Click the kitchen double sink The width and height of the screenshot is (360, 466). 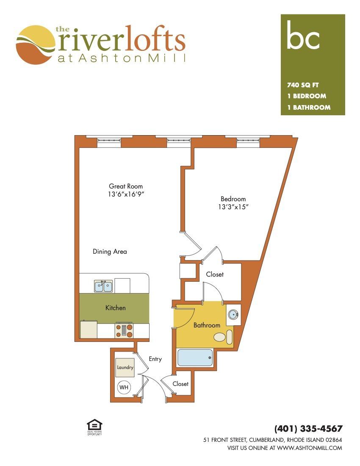pyautogui.click(x=103, y=286)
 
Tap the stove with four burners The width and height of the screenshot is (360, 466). pyautogui.click(x=124, y=330)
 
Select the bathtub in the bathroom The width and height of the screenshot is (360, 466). pyautogui.click(x=195, y=357)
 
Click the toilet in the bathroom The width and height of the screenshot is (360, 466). pyautogui.click(x=224, y=337)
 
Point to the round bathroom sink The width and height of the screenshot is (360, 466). pyautogui.click(x=233, y=314)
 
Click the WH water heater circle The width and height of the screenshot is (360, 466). pyautogui.click(x=124, y=387)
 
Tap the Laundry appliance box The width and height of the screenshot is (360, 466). pyautogui.click(x=125, y=367)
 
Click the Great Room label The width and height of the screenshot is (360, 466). pyautogui.click(x=126, y=186)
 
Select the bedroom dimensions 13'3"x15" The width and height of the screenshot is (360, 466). pyautogui.click(x=233, y=207)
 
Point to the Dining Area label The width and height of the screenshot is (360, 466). pyautogui.click(x=110, y=251)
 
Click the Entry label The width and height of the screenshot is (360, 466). pyautogui.click(x=155, y=359)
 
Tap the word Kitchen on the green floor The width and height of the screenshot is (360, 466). pyautogui.click(x=116, y=308)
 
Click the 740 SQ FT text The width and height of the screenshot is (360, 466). pyautogui.click(x=303, y=85)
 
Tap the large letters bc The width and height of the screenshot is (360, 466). pyautogui.click(x=303, y=35)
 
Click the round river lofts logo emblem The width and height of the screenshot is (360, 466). pyautogui.click(x=36, y=45)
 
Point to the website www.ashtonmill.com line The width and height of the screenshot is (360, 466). pyautogui.click(x=285, y=448)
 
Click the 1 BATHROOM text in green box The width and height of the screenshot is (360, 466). pyautogui.click(x=309, y=107)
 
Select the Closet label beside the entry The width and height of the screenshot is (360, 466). pyautogui.click(x=180, y=384)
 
